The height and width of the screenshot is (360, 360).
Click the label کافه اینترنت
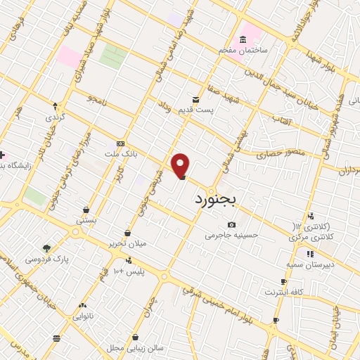click(284, 291)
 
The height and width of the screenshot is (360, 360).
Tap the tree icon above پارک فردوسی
click(46, 247)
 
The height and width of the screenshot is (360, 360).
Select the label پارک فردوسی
click(47, 259)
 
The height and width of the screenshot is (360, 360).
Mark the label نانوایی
click(83, 316)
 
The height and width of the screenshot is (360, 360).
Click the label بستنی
click(86, 221)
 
